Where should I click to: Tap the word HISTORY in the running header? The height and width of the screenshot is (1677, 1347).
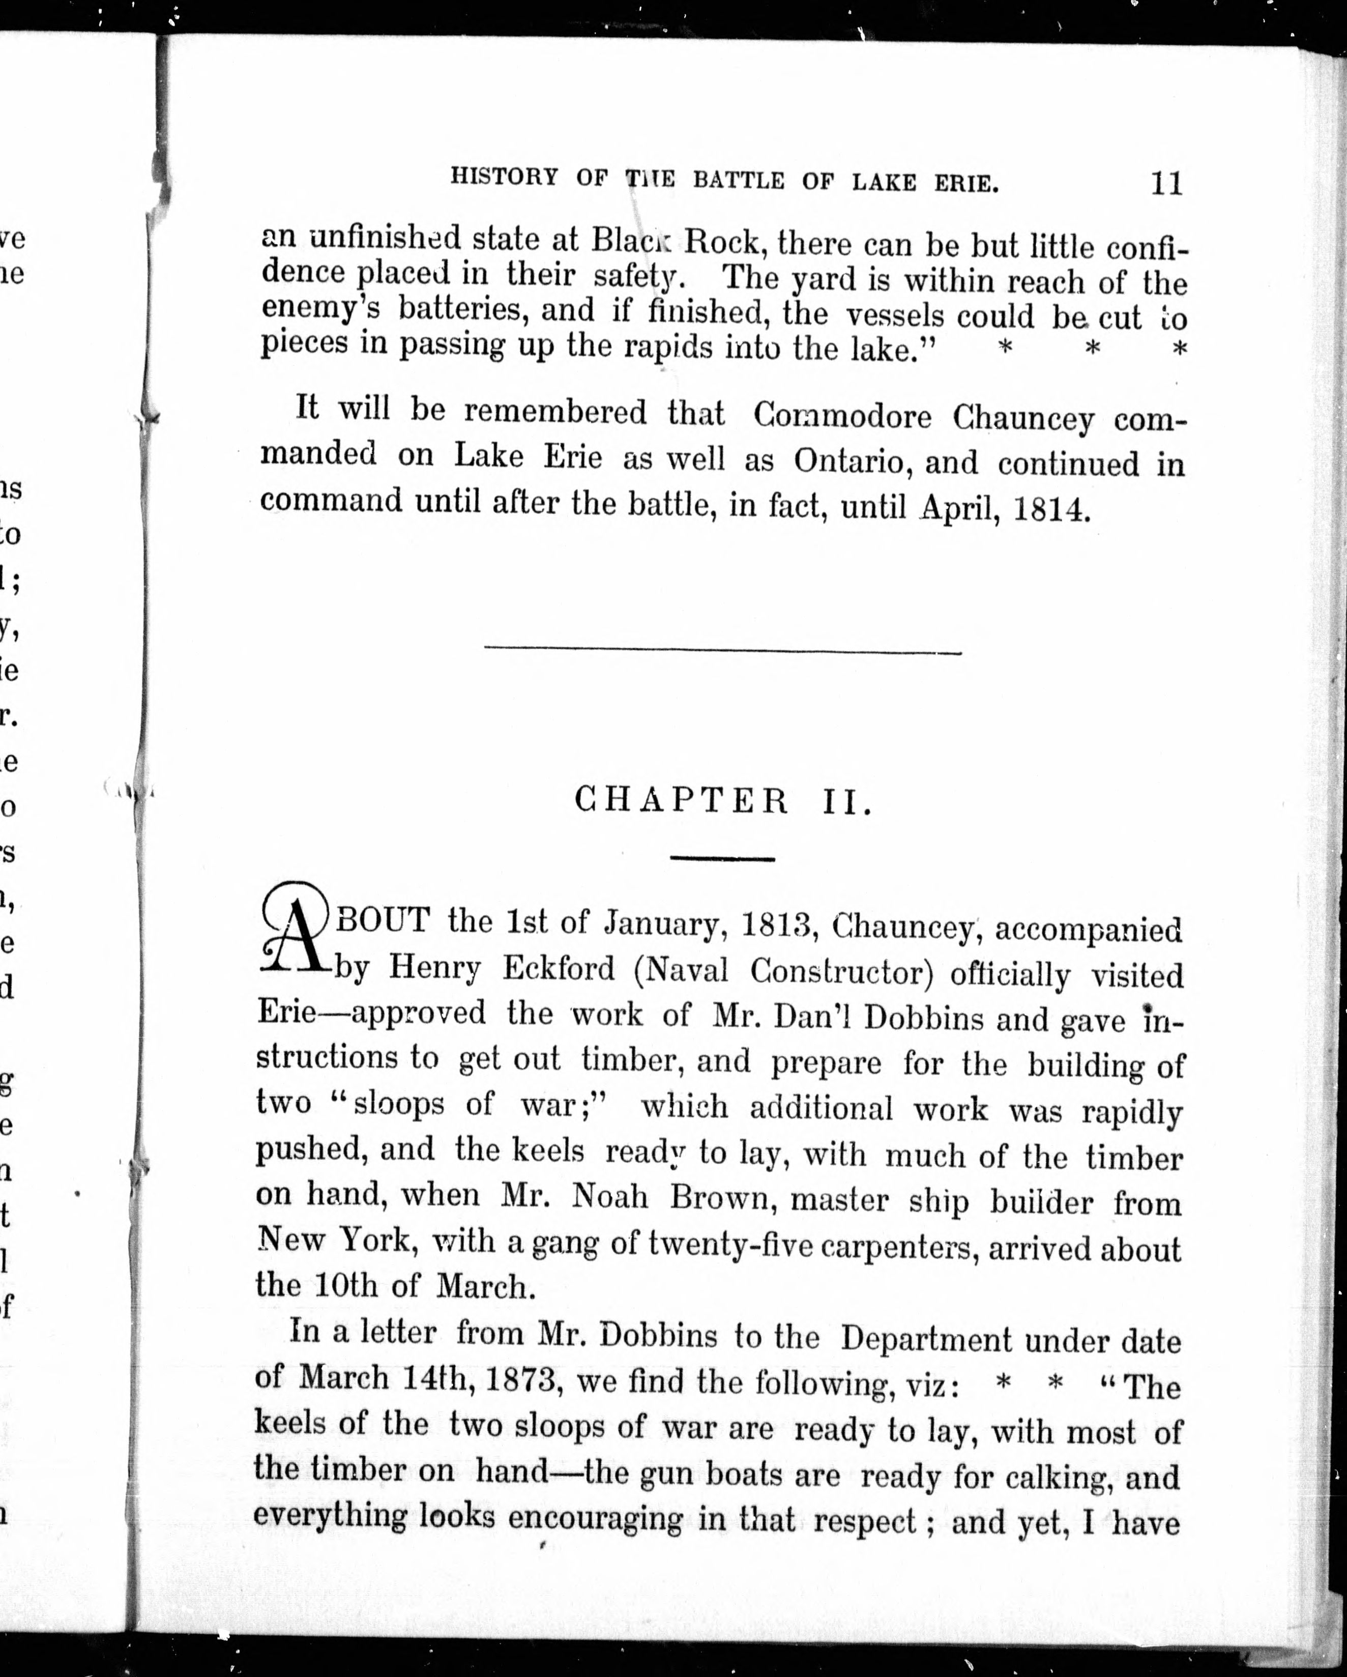tap(504, 178)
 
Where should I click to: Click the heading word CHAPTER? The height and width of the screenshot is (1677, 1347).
tap(681, 800)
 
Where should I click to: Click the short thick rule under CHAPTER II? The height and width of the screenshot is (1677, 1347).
tap(722, 859)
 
